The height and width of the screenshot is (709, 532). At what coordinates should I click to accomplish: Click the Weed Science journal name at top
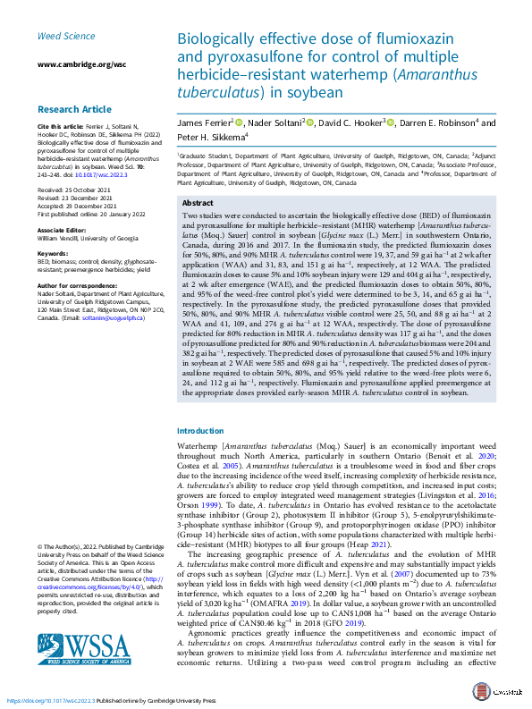63,36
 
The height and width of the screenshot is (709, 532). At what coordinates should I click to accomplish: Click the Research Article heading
75,109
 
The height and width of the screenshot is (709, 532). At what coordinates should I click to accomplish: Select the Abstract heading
197,204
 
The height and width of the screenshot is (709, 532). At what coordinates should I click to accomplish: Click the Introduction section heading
201,430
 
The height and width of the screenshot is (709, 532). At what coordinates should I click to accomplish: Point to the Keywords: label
53,255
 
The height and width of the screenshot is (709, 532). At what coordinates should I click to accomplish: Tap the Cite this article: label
61,126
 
